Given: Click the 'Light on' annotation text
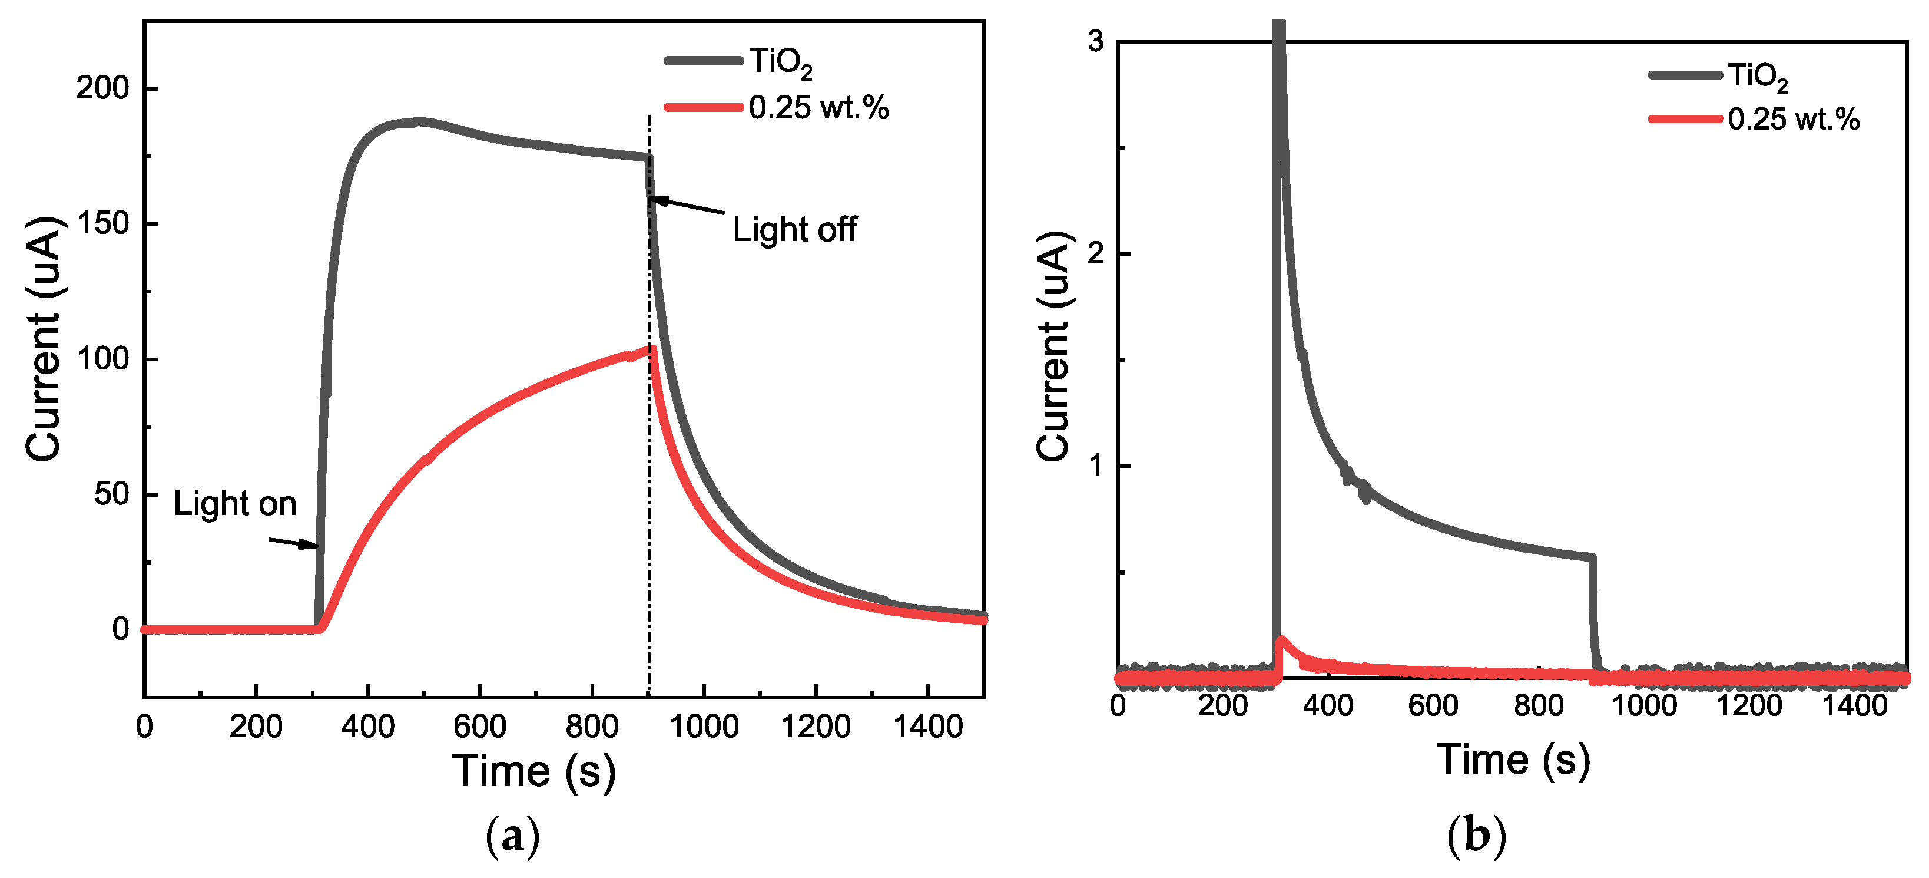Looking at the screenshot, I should click(x=234, y=504).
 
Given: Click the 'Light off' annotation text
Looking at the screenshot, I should click(x=794, y=229).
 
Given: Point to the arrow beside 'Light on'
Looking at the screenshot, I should click(x=294, y=542).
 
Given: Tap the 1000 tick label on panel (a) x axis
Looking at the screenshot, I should click(x=703, y=727).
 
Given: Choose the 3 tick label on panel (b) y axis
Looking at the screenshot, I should click(x=1096, y=41).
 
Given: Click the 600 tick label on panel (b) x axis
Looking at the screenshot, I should click(x=1433, y=706).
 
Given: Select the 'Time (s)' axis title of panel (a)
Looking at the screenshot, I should click(x=534, y=771).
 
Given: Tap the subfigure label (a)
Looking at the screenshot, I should click(x=512, y=837).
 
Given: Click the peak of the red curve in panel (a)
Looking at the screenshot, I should click(x=653, y=349).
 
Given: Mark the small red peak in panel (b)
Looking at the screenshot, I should click(x=1281, y=641).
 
